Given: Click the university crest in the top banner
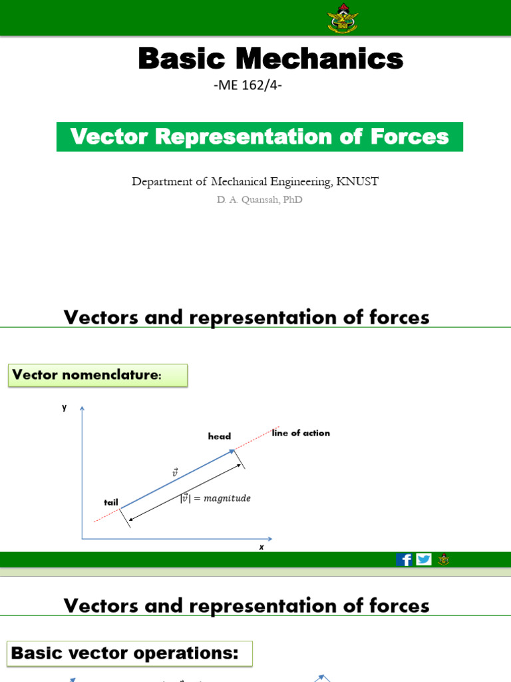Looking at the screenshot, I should pos(343,18).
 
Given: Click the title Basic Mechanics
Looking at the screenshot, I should pos(270,59).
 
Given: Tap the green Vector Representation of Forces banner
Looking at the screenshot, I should pos(259,137).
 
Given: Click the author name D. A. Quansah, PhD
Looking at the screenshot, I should pos(259,200).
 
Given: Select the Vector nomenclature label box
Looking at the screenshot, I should pos(98,375).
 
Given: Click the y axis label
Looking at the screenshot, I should pos(65,407).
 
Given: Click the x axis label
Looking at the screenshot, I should pos(261,547).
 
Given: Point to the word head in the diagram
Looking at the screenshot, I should pos(219,436).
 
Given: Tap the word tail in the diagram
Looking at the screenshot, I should pos(110,502).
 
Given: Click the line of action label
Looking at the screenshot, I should pos(301,433).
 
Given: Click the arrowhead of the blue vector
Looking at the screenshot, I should pos(233,452).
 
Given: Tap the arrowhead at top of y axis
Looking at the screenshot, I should pos(82,408).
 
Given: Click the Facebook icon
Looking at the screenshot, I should pos(404,559).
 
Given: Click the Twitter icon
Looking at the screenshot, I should pos(424,559).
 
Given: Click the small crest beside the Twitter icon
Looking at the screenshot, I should pos(443,559).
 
